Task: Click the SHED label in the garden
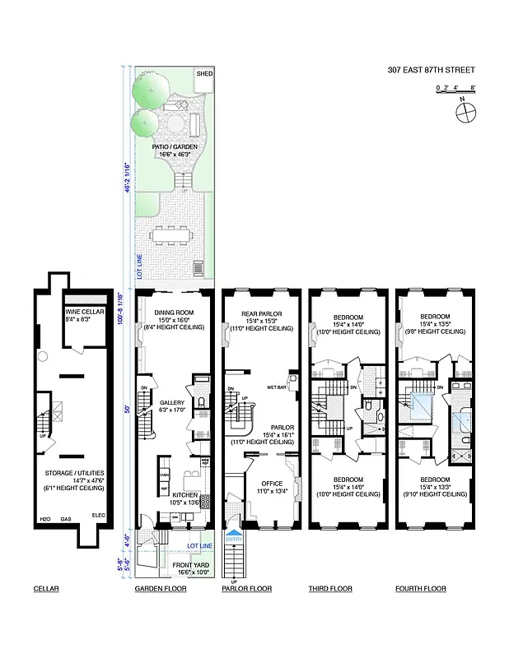tap(204, 75)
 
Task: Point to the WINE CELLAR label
tap(83, 313)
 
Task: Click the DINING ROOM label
tap(174, 313)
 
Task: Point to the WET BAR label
tap(276, 387)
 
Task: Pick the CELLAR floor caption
tap(46, 589)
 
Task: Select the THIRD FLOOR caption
tap(330, 589)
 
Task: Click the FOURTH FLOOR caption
tap(420, 589)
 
